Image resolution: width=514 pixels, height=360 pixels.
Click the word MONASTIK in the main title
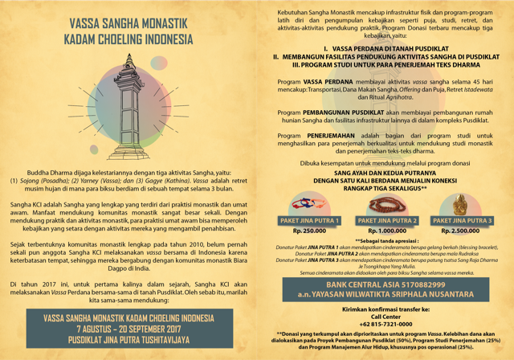pyautogui.click(x=161, y=23)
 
